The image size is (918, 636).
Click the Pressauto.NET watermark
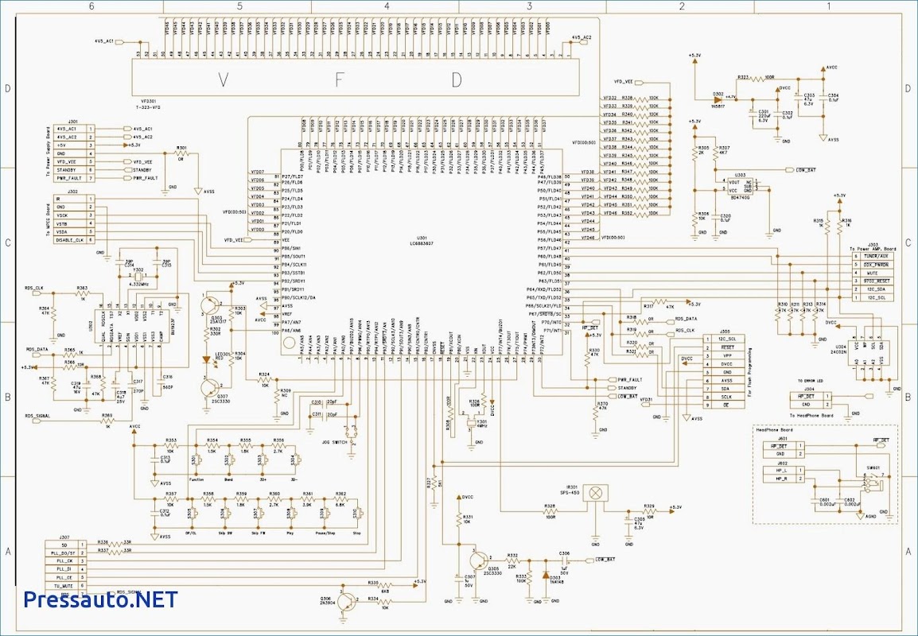pyautogui.click(x=100, y=599)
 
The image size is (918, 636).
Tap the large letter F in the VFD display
pyautogui.click(x=340, y=79)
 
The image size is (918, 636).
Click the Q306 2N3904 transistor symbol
pyautogui.click(x=347, y=601)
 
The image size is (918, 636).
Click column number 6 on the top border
pyautogui.click(x=91, y=6)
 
